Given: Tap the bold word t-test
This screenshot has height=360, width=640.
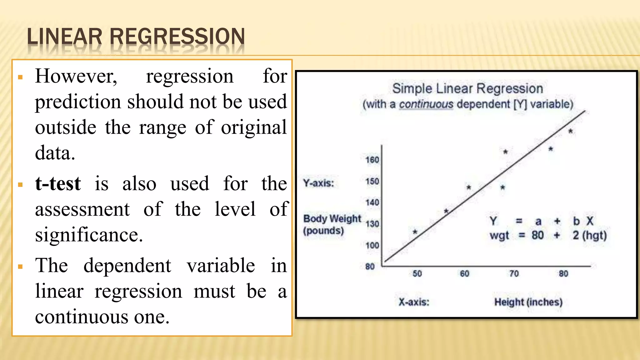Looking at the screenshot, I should pyautogui.click(x=58, y=183).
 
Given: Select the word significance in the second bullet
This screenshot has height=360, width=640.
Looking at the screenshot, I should pyautogui.click(x=89, y=235).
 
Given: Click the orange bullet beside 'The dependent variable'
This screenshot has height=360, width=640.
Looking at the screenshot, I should pyautogui.click(x=21, y=267).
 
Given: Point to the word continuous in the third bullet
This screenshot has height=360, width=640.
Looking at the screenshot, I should pyautogui.click(x=82, y=317).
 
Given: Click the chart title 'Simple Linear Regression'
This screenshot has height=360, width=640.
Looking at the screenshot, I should pyautogui.click(x=467, y=88).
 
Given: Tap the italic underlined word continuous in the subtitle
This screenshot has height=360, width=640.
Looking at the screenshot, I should pyautogui.click(x=426, y=104).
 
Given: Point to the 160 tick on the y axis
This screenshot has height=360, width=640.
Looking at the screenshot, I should pyautogui.click(x=372, y=160).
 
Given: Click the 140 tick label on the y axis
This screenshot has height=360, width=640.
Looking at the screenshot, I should pyautogui.click(x=372, y=202).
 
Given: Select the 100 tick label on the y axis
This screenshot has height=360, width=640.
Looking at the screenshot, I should pyautogui.click(x=372, y=245).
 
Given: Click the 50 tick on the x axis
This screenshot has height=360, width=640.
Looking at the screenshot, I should pyautogui.click(x=417, y=274).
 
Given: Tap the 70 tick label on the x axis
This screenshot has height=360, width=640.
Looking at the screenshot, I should pyautogui.click(x=514, y=274).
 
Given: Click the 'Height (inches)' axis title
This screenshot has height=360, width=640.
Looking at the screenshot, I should pyautogui.click(x=528, y=302).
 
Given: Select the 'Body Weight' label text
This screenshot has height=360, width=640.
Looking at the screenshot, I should pyautogui.click(x=332, y=218).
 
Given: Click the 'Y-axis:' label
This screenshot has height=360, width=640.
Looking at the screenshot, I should pyautogui.click(x=318, y=183).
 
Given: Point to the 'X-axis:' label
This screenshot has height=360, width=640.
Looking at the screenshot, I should pyautogui.click(x=414, y=302).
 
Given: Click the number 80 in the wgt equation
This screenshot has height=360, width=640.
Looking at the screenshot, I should pyautogui.click(x=537, y=235).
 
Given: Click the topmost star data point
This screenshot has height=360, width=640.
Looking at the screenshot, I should pyautogui.click(x=570, y=131).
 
